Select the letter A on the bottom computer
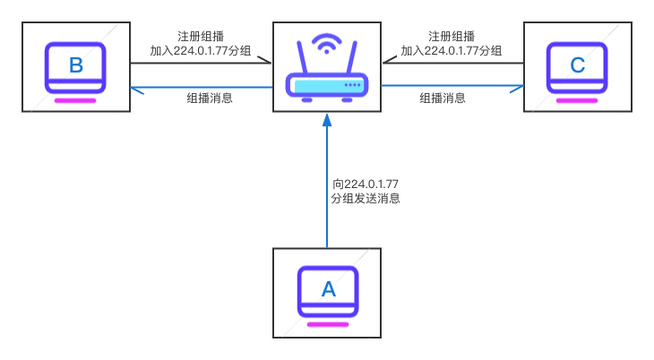[x=328, y=289]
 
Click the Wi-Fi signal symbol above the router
[x=327, y=42]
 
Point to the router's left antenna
[x=302, y=60]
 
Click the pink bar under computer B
[x=76, y=100]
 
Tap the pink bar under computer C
[x=578, y=100]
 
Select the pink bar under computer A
[x=328, y=324]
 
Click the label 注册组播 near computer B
[x=201, y=36]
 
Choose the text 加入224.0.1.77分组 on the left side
[x=201, y=51]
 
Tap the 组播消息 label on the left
[x=210, y=99]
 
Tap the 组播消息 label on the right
[x=443, y=99]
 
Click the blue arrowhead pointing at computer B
[x=136, y=87]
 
